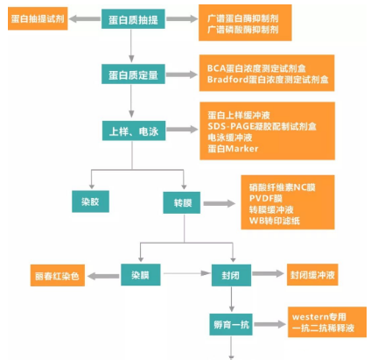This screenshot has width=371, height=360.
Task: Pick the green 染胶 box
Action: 90,202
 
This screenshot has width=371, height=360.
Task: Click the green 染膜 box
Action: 140,275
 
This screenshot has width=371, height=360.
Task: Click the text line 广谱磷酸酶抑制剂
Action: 242,31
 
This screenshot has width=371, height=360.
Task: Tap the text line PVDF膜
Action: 262,199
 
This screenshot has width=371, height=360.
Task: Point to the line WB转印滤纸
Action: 272,222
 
